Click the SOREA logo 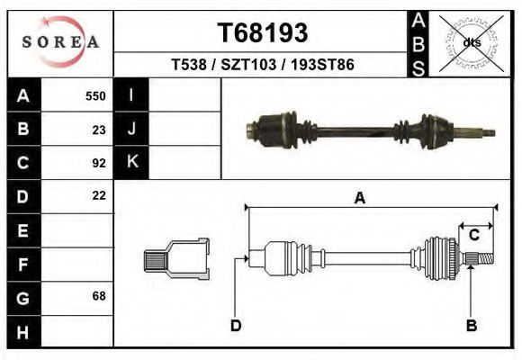pos(60,41)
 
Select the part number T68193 pos(263,33)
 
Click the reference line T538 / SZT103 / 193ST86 pos(263,66)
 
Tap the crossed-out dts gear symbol pos(471,42)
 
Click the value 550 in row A pos(95,95)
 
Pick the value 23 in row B pos(99,129)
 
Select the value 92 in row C pos(99,163)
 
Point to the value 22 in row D pos(99,195)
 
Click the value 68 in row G pos(99,296)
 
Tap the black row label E pos(23,230)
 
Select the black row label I pos(131,95)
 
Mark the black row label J pos(131,129)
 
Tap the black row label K pos(131,162)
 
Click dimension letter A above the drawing pos(360,199)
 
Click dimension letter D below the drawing pos(236,326)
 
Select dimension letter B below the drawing pos(471,326)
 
